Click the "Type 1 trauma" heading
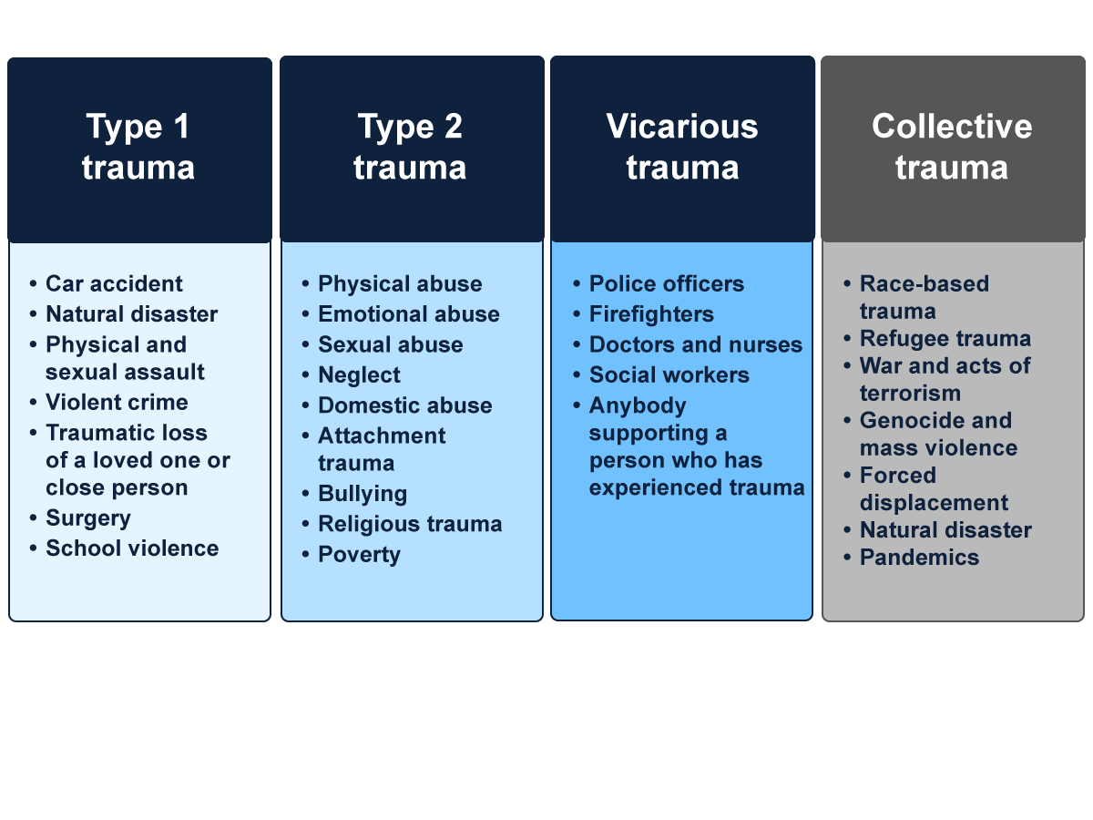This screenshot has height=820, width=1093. [x=138, y=147]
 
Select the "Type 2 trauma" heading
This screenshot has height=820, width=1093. [x=410, y=147]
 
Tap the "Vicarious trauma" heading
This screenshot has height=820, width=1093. [x=682, y=147]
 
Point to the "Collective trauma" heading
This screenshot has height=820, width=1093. [x=952, y=147]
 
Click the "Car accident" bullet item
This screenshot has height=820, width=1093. [x=114, y=284]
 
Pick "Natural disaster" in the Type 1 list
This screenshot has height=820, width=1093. [x=132, y=314]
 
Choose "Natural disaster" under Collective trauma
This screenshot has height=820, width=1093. [x=945, y=530]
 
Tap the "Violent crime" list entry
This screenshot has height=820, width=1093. [x=117, y=403]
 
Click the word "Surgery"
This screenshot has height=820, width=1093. [x=88, y=518]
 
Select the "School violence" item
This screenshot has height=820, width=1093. [x=132, y=548]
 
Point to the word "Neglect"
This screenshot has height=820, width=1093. [x=359, y=375]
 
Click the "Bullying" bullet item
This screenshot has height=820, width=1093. [x=363, y=494]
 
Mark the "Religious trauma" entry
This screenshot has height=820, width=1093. [x=410, y=524]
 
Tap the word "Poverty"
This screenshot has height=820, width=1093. [x=359, y=555]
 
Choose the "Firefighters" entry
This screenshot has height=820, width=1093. [x=651, y=314]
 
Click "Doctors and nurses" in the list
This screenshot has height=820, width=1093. [x=696, y=345]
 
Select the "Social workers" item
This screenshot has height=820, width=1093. [x=669, y=375]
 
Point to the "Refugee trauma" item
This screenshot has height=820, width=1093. [x=945, y=339]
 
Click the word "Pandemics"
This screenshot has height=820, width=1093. [x=919, y=558]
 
